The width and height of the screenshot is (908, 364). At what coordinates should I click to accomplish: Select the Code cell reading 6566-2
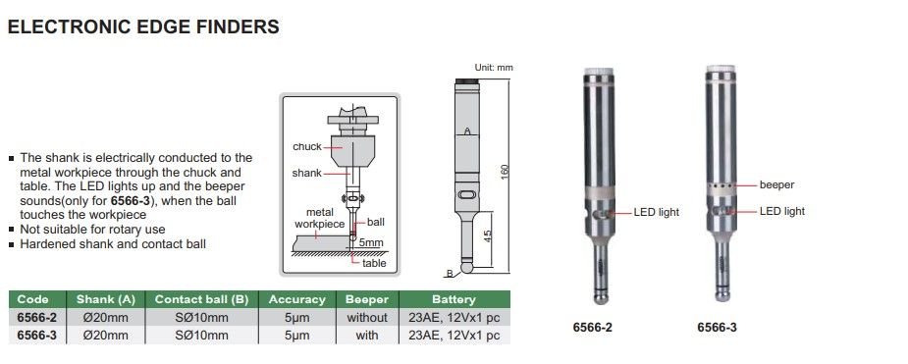coord(37,317)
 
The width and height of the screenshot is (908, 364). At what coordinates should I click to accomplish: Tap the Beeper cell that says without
coord(367,317)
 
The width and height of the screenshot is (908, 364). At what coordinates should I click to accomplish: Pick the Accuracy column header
coord(297,299)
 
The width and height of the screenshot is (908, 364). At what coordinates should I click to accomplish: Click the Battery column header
coord(454,299)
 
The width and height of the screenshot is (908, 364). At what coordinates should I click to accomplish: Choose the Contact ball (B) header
coord(201,299)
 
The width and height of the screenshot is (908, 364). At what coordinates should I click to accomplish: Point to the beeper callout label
coord(776,185)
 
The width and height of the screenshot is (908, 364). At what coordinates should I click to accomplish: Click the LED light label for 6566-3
coord(781,211)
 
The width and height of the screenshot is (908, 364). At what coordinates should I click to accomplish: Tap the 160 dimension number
coord(505,172)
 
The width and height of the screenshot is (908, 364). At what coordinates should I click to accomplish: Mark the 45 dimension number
coord(488,236)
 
